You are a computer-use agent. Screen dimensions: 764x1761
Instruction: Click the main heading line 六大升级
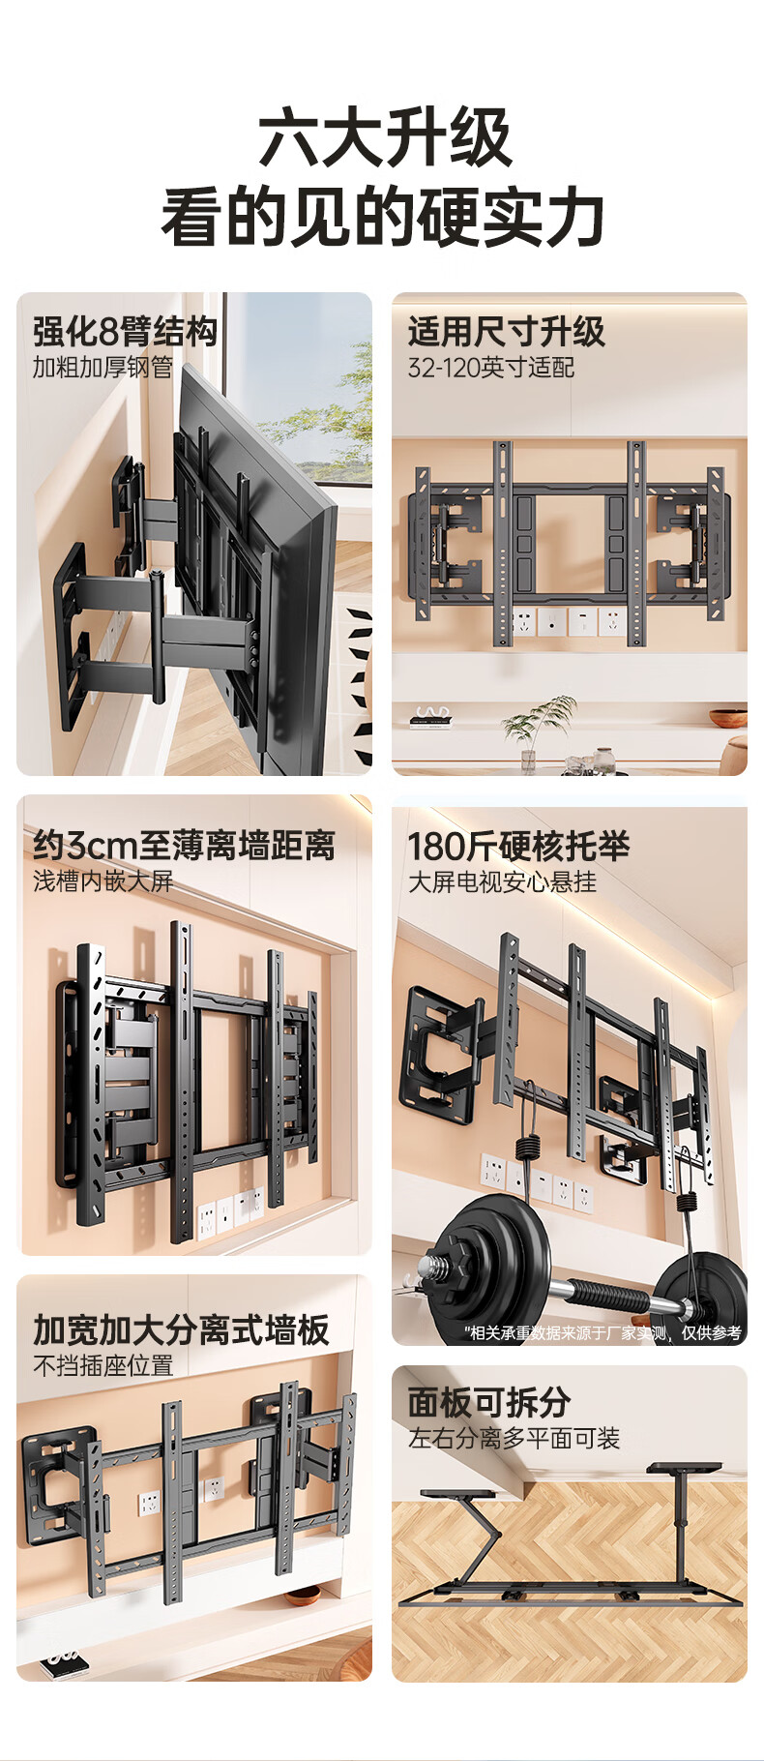tap(383, 139)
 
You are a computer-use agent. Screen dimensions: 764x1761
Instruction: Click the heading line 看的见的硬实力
tap(383, 218)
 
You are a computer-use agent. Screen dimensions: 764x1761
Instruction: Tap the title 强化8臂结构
tap(125, 331)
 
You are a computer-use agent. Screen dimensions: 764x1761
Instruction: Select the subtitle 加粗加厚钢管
tap(103, 368)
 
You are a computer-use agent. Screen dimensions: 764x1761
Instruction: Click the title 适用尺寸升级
tap(506, 331)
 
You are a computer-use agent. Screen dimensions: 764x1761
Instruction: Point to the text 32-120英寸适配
tap(490, 368)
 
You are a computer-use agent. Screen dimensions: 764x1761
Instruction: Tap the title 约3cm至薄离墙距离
tap(184, 845)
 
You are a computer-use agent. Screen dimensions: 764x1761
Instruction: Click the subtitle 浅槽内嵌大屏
tap(103, 881)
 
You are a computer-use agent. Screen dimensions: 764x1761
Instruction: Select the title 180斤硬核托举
tap(517, 846)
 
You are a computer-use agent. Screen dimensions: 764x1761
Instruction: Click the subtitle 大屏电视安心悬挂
tap(502, 881)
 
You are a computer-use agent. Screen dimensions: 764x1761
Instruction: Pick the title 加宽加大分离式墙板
tap(181, 1329)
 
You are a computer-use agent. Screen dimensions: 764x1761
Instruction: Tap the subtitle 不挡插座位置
tap(103, 1365)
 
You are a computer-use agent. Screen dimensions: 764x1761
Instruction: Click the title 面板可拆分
tap(488, 1401)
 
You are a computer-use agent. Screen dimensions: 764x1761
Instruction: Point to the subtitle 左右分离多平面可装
tap(514, 1438)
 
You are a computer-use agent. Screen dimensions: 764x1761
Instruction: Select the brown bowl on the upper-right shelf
tap(727, 717)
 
